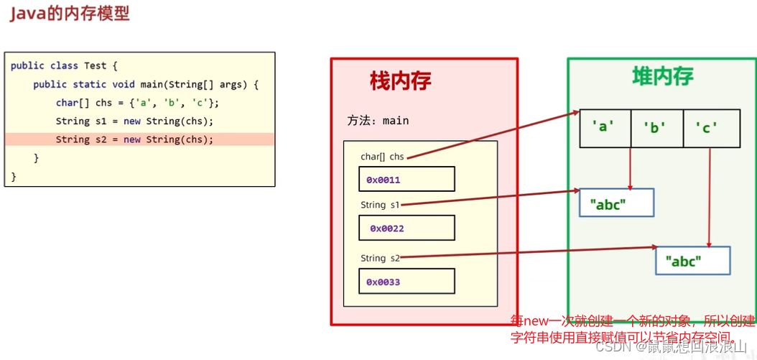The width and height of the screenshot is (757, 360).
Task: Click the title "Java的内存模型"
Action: (x=70, y=14)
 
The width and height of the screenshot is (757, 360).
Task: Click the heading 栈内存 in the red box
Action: (x=400, y=81)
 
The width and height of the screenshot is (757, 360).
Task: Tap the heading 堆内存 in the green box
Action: (x=662, y=76)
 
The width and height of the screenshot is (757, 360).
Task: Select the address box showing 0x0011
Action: (x=407, y=179)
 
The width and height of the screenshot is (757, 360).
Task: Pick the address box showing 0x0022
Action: (x=407, y=229)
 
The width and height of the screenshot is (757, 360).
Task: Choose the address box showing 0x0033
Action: (x=407, y=282)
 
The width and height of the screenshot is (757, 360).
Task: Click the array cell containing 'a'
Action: (x=605, y=128)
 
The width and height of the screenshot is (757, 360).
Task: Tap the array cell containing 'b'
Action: (x=656, y=128)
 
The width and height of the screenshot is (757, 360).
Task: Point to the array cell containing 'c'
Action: (x=710, y=128)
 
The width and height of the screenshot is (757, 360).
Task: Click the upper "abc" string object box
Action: (x=616, y=203)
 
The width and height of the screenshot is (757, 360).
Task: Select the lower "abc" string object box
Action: (x=692, y=261)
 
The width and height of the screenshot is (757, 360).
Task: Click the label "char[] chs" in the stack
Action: (x=382, y=157)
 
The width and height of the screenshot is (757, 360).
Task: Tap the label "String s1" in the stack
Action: (x=380, y=205)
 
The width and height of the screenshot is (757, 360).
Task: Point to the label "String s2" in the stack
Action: (x=380, y=258)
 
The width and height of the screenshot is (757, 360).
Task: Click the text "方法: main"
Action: (x=378, y=121)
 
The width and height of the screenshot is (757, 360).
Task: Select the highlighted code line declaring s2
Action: (x=134, y=139)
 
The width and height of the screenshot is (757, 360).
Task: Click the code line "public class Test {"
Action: (x=64, y=65)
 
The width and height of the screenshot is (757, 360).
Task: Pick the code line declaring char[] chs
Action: (x=137, y=103)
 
